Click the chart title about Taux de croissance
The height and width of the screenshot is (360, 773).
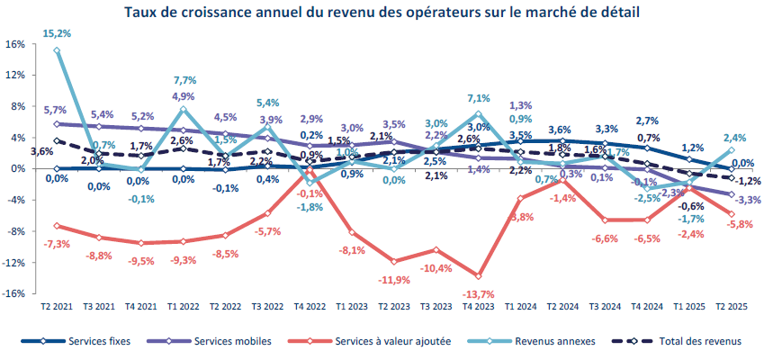pyautogui.click(x=387, y=13)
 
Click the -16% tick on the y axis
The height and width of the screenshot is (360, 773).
pyautogui.click(x=13, y=293)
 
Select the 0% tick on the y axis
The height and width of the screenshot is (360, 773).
pyautogui.click(x=16, y=168)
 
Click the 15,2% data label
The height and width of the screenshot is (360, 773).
pyautogui.click(x=57, y=33)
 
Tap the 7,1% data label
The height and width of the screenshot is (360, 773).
pyautogui.click(x=478, y=98)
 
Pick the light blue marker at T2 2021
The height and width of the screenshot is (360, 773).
pyautogui.click(x=57, y=50)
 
